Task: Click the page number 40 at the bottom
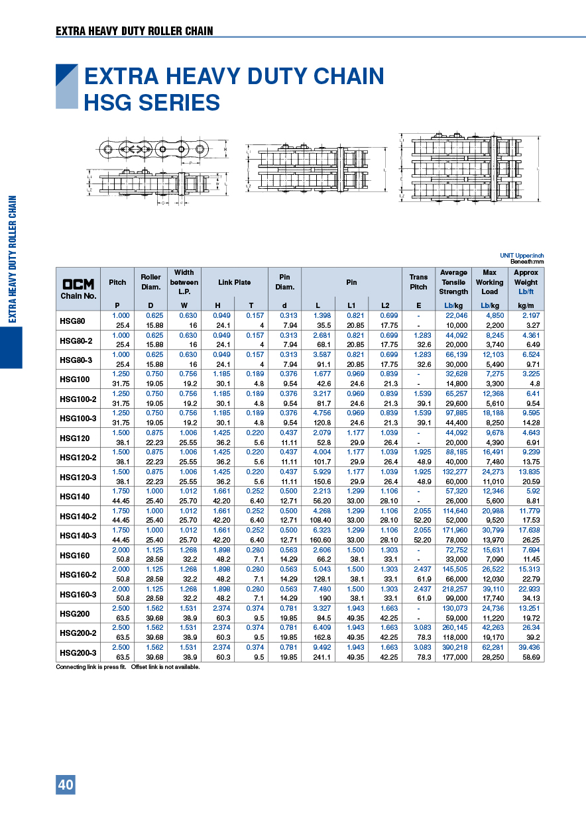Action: coord(66,785)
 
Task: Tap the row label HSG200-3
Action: coord(78,652)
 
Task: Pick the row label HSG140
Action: coord(74,496)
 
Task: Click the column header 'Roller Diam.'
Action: coord(150,282)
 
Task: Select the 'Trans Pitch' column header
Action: coord(418,282)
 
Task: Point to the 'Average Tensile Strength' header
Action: coord(453,282)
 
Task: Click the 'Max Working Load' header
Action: coord(489,282)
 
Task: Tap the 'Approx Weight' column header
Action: coord(526,282)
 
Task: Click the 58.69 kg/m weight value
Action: coord(530,657)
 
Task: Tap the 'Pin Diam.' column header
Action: coord(284,282)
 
